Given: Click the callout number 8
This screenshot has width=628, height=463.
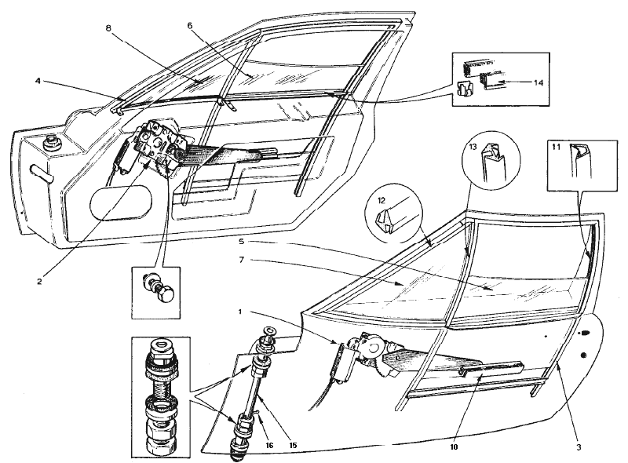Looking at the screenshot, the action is (x=108, y=27).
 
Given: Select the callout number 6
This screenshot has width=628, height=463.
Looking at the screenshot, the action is (x=190, y=26).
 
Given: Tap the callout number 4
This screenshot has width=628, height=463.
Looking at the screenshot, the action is (x=38, y=81).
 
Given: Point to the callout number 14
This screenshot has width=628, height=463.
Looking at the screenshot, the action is (x=538, y=82).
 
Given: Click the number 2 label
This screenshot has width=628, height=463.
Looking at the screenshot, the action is (x=39, y=282).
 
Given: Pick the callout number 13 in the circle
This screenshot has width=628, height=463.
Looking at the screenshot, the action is (x=473, y=147).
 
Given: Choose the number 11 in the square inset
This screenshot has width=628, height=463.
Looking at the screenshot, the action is (x=556, y=147).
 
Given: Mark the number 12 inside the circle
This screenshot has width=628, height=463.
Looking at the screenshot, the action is (x=381, y=199).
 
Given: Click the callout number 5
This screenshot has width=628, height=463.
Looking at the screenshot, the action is (x=241, y=242).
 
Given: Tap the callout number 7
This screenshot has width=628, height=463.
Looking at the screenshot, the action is (x=241, y=260).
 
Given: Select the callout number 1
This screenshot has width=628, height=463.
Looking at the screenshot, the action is (x=240, y=312).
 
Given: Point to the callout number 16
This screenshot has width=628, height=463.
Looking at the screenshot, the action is (x=269, y=445).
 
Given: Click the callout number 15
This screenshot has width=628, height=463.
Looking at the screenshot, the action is (x=293, y=445).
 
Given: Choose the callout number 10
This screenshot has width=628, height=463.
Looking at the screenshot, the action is (x=454, y=447).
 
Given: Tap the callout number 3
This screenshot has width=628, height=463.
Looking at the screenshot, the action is (x=579, y=447).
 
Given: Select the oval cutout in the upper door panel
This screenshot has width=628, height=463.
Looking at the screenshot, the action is (x=121, y=202).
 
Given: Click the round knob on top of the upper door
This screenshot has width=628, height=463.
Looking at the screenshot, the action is (x=51, y=141).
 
